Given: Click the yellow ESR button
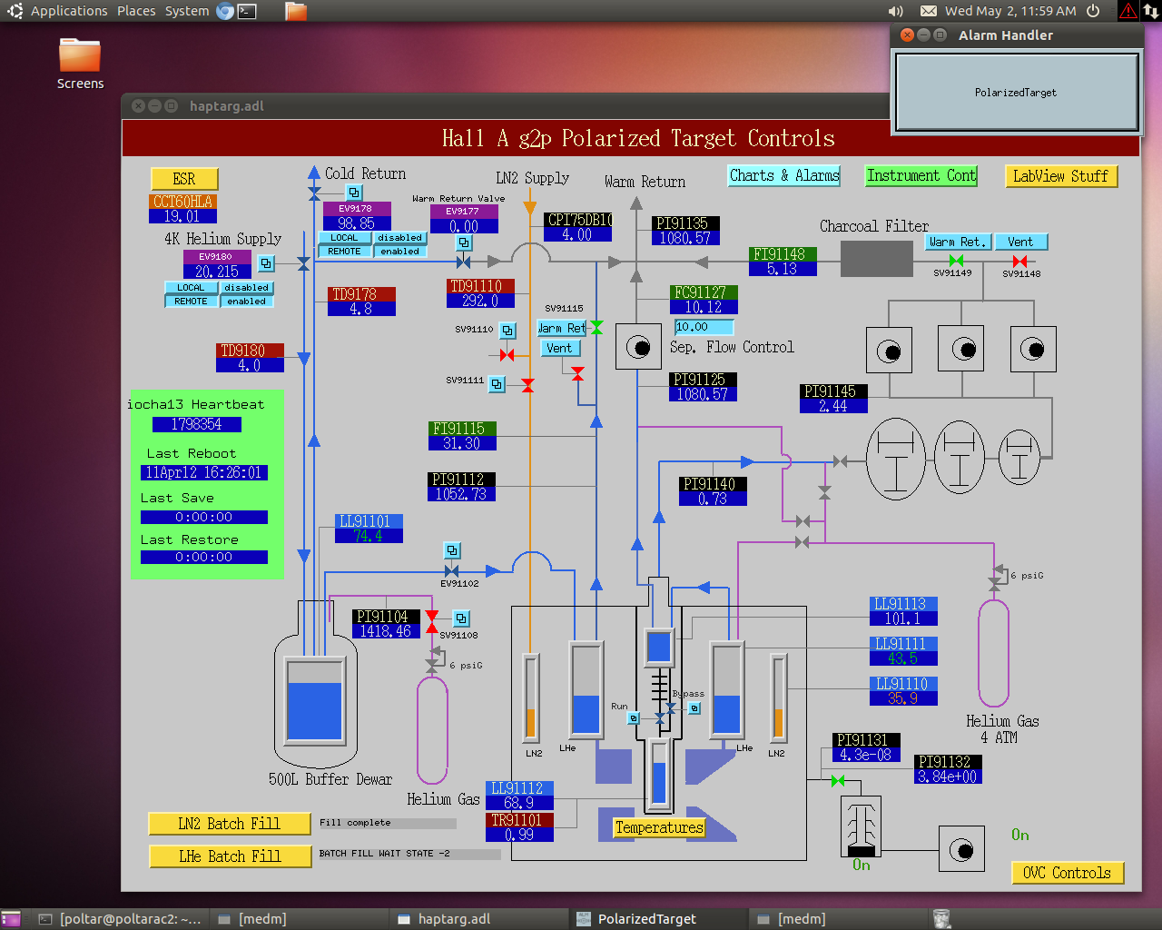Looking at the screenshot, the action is (184, 179).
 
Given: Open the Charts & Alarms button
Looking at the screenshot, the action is (783, 175).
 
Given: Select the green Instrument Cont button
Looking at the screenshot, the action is (921, 175).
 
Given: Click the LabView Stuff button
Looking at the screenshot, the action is (1060, 176).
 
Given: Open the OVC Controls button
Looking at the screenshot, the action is (1067, 873).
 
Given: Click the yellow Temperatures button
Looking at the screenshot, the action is (659, 827).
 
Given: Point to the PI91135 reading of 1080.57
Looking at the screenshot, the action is (684, 238).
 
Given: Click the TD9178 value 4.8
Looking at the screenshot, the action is (360, 309).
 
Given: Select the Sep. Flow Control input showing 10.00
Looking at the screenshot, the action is (704, 327).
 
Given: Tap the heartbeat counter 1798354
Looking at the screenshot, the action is (197, 425).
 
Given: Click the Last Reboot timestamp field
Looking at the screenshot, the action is (203, 473).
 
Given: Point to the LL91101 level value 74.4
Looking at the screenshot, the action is (369, 536).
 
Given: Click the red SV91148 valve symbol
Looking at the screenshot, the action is (1019, 262).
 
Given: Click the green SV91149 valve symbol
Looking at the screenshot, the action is (956, 261).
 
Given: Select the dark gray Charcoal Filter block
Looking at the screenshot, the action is (876, 259).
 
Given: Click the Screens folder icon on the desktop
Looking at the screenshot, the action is (80, 55).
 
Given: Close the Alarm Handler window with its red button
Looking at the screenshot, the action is (907, 35).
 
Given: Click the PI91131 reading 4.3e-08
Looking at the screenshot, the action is (865, 755).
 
